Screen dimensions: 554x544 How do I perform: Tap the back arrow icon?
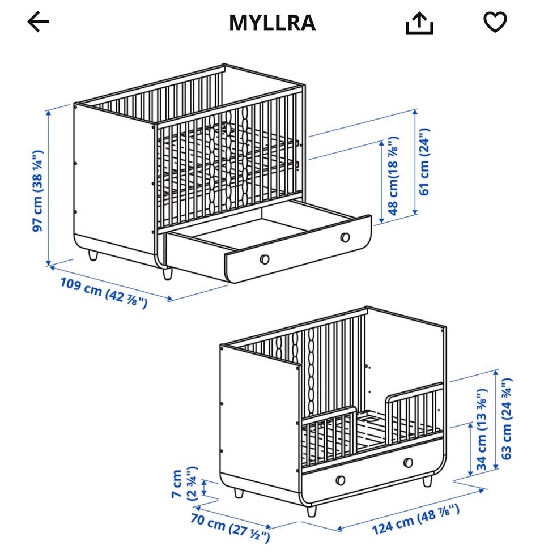pos(38,22)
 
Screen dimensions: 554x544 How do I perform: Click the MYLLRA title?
pos(272,23)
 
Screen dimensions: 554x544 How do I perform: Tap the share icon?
pos(419,23)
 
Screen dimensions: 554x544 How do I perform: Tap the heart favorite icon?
pos(495,22)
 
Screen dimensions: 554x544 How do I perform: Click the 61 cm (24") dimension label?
pos(424,161)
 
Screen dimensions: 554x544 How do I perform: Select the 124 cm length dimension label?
pos(415,519)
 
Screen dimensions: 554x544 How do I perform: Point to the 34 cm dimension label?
pos(482,429)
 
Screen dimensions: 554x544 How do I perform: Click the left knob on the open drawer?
pos(264,259)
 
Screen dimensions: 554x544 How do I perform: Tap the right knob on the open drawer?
pos(345,237)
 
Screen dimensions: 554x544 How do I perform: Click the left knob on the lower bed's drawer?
pos(340,480)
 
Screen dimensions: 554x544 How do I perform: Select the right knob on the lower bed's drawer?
pos(407,462)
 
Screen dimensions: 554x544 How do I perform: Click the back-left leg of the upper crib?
pos(92,256)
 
